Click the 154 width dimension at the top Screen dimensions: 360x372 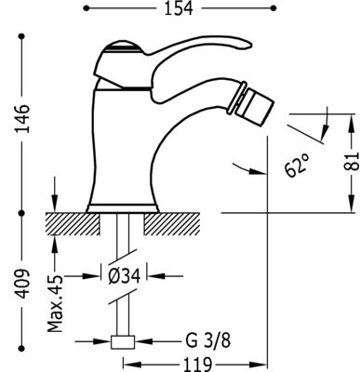pyautogui.click(x=179, y=8)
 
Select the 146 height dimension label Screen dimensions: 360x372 pyautogui.click(x=23, y=119)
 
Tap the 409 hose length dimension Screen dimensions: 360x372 pyautogui.click(x=23, y=284)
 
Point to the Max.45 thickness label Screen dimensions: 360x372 pyautogui.click(x=56, y=303)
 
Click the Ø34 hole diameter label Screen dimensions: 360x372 pyautogui.click(x=124, y=275)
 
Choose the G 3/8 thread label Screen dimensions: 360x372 pyautogui.click(x=208, y=341)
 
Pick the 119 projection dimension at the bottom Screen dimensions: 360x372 pyautogui.click(x=197, y=365)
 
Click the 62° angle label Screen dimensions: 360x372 pyautogui.click(x=297, y=165)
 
